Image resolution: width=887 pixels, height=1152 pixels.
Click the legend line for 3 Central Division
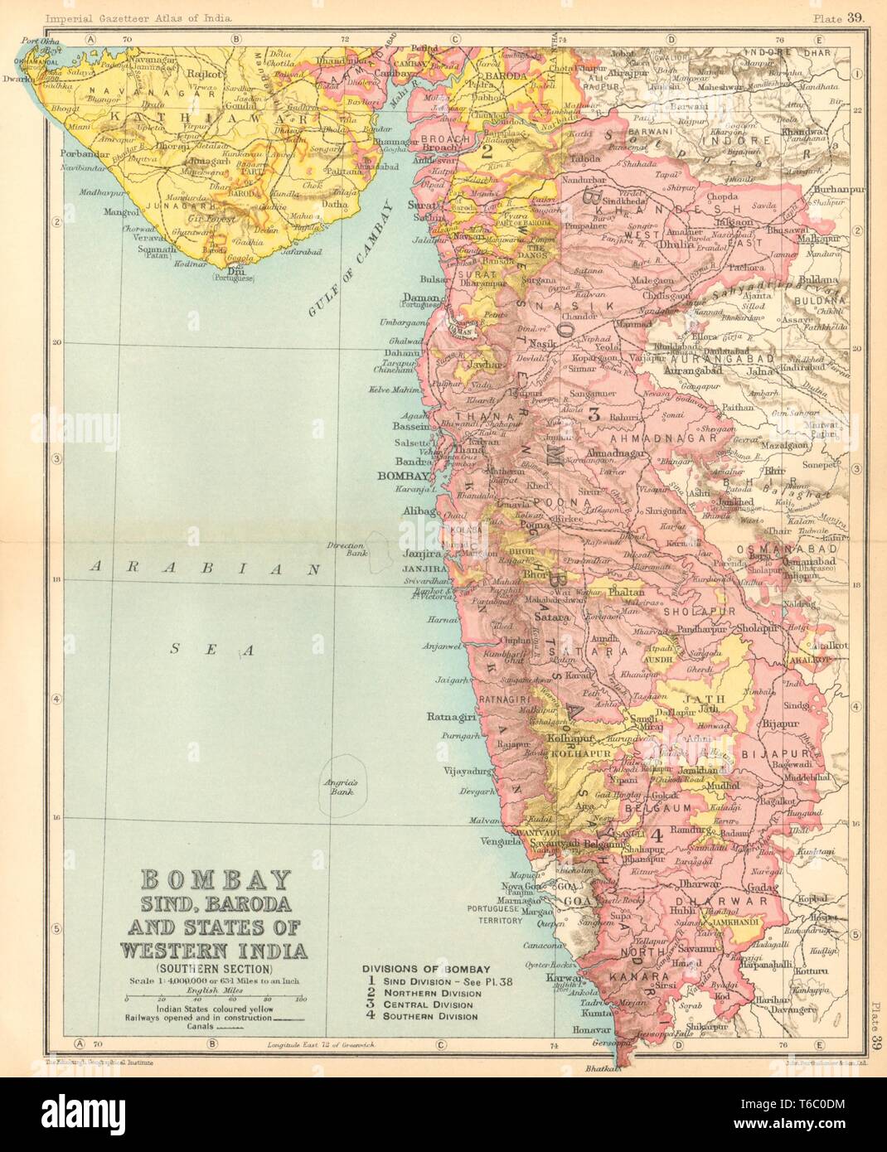click(x=423, y=1004)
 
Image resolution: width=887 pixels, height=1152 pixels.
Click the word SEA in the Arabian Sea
click(x=209, y=651)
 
